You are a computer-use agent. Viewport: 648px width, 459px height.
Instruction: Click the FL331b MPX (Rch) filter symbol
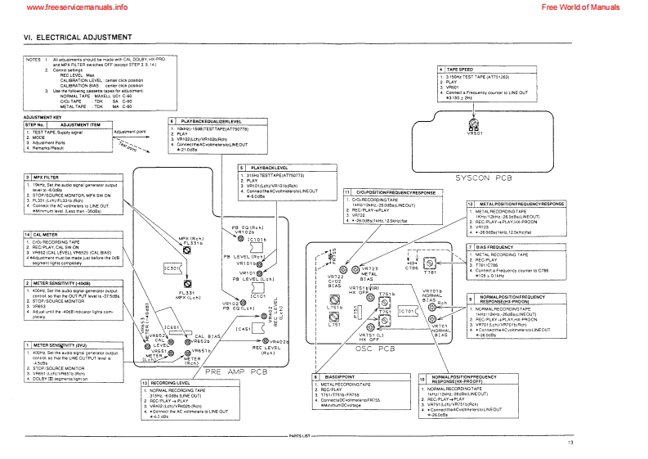tap(186, 252)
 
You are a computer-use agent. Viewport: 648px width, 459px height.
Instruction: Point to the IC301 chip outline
tap(172, 268)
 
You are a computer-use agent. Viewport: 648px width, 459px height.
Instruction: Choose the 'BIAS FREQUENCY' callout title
tap(497, 246)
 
